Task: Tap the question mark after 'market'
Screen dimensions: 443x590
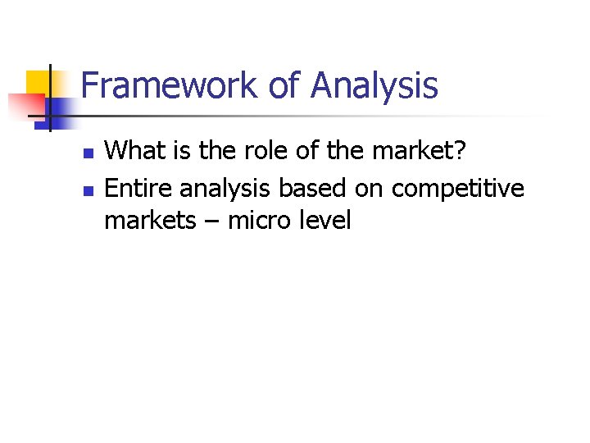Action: coord(459,152)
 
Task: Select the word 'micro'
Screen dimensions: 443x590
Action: coord(254,221)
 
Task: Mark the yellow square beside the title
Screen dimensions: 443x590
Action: coord(39,83)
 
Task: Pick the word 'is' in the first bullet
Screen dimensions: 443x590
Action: coord(192,152)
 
